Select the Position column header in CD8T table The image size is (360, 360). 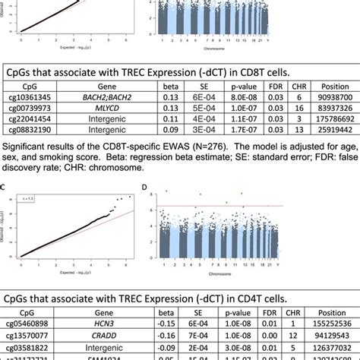coord(327,86)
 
